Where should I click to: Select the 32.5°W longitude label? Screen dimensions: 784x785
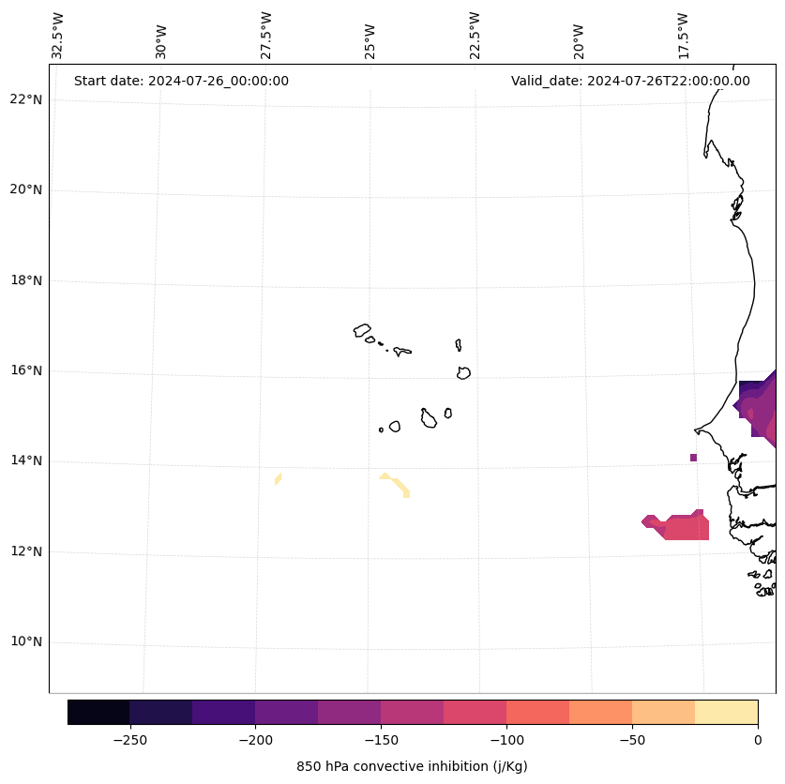point(58,36)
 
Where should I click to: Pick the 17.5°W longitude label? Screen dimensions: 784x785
point(683,36)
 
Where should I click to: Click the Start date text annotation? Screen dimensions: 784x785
point(181,81)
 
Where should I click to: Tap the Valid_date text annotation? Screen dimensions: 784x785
point(630,81)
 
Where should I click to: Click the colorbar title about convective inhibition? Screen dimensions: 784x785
point(412,766)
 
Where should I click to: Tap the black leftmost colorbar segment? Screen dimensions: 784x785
point(98,712)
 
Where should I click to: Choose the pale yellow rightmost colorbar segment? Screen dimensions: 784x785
point(726,712)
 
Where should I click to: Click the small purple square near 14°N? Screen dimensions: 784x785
point(693,458)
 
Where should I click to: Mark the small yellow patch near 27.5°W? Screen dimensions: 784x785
point(278,479)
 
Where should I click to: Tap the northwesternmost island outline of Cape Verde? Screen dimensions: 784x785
point(362,330)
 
